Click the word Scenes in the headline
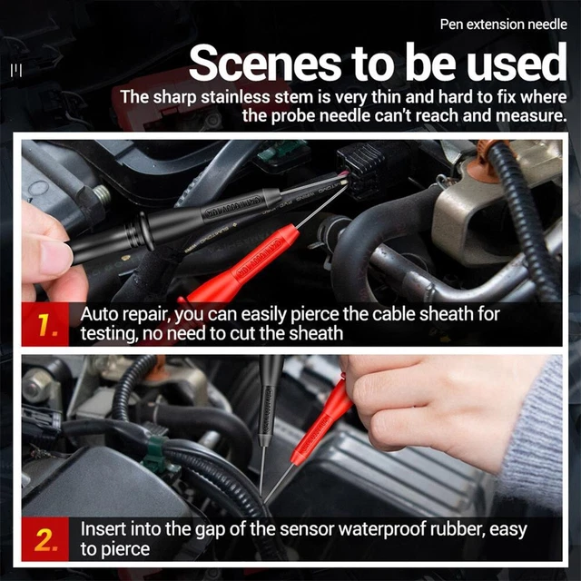(x=265, y=63)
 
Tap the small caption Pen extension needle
(x=503, y=25)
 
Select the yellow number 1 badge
(x=45, y=325)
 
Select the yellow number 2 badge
(x=45, y=539)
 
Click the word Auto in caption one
(x=99, y=314)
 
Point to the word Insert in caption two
(x=103, y=528)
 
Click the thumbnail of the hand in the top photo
(x=55, y=256)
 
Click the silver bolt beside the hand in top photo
(x=102, y=195)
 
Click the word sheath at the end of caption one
(x=316, y=333)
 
